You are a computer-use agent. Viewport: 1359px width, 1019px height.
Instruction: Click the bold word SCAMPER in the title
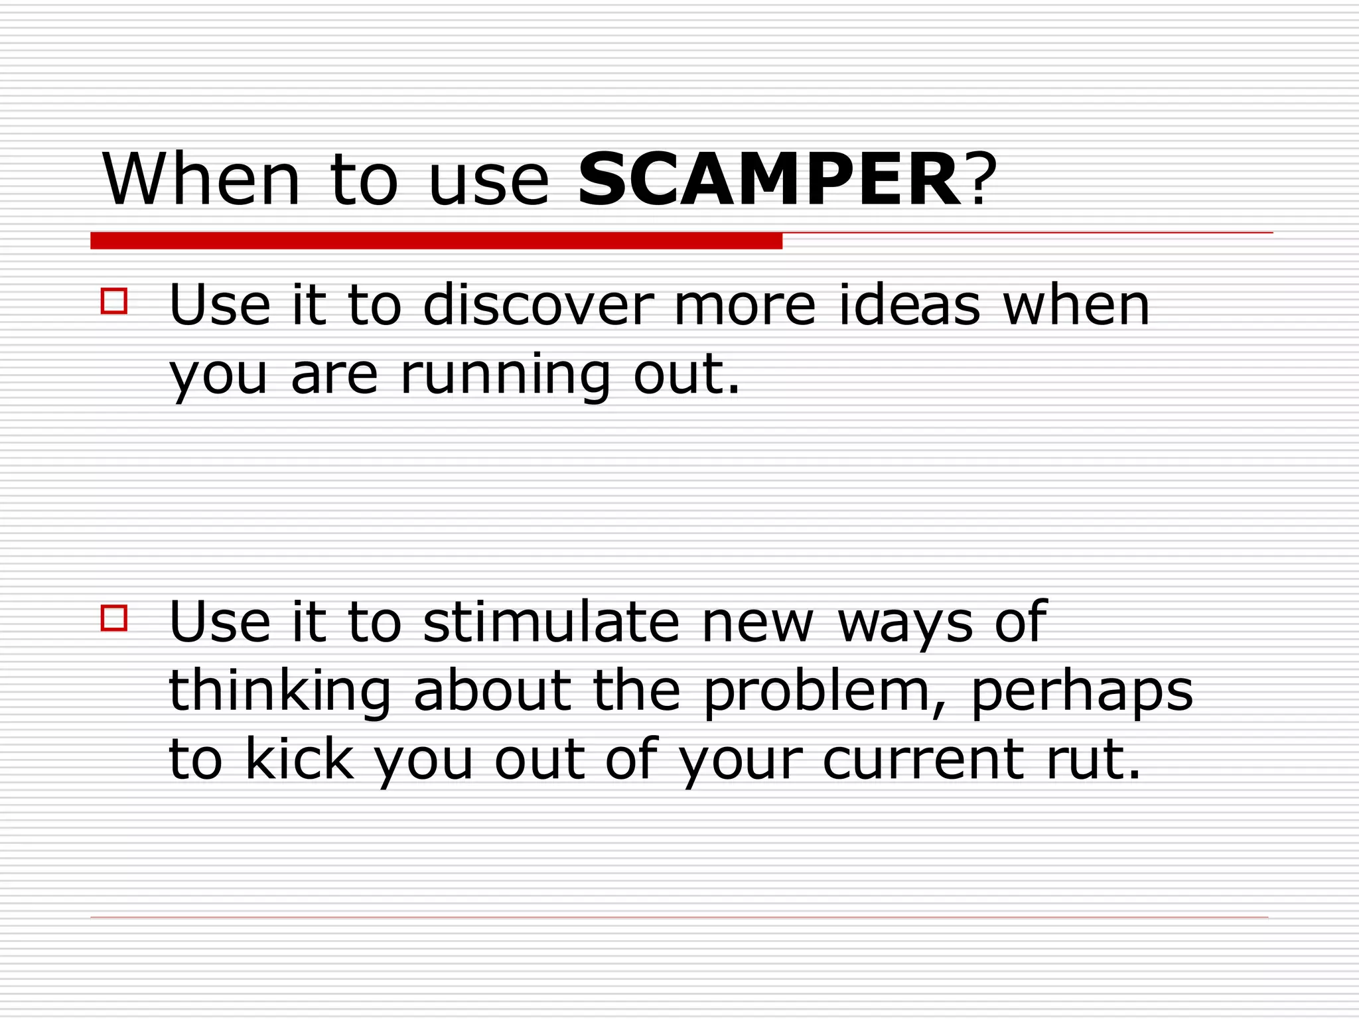pos(768,180)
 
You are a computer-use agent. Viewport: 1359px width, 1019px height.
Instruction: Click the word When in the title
pos(201,180)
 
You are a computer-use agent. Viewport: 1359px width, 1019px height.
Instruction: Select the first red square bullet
pos(114,301)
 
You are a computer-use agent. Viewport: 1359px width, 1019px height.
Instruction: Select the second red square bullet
pos(114,618)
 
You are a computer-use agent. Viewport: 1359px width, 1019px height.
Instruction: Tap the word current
pos(922,760)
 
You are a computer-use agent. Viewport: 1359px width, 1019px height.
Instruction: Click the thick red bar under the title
pos(436,241)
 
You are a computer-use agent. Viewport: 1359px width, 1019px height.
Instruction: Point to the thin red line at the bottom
pos(679,917)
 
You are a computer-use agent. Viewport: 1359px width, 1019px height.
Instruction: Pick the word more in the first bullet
pos(745,306)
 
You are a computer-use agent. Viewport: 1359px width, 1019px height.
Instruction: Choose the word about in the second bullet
pos(492,691)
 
